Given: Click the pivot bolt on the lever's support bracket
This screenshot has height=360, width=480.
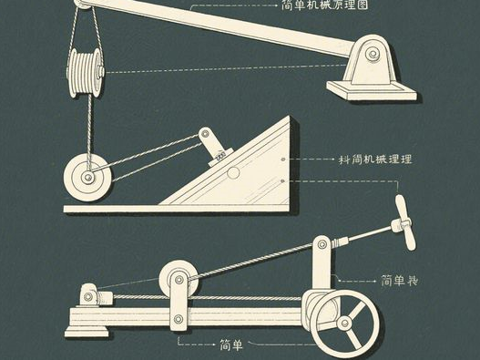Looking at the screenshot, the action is click(372, 54).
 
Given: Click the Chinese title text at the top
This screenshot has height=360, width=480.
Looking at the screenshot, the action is click(311, 5).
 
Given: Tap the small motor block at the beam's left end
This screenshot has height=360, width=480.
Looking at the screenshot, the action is click(90, 295).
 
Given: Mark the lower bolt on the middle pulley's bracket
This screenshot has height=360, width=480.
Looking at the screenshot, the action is click(179, 319).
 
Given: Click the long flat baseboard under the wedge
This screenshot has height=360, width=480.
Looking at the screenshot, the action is click(182, 208).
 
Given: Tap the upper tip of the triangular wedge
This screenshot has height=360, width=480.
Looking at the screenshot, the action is click(291, 119).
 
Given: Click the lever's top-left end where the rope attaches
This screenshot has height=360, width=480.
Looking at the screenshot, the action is click(84, 5).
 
